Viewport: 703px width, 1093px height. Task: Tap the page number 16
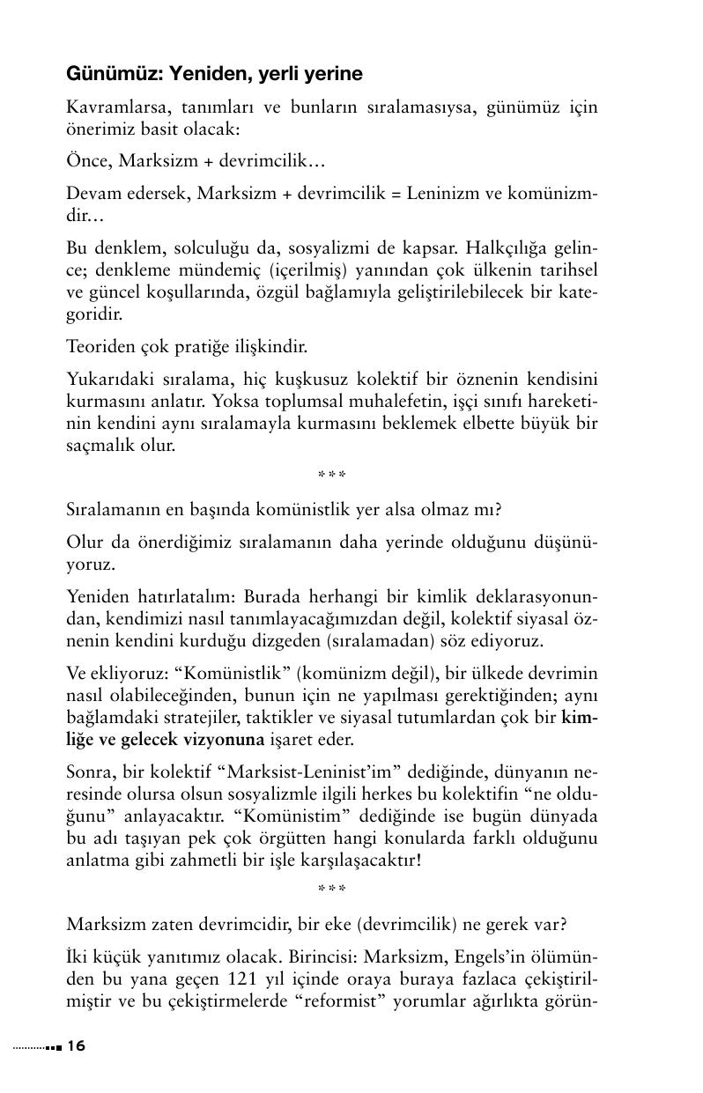click(77, 1045)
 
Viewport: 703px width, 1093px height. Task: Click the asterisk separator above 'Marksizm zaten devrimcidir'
click(332, 890)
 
